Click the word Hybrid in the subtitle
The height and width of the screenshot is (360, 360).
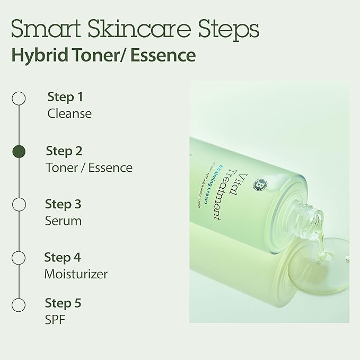pyautogui.click(x=36, y=55)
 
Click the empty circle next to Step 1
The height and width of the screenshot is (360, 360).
pyautogui.click(x=19, y=98)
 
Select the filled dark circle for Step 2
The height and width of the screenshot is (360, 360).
pyautogui.click(x=19, y=152)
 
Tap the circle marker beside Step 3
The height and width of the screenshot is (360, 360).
pyautogui.click(x=19, y=205)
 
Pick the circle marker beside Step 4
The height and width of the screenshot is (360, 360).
pyautogui.click(x=19, y=258)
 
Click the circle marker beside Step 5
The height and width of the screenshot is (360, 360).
pyautogui.click(x=19, y=305)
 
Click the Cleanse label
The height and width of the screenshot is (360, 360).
pyautogui.click(x=69, y=113)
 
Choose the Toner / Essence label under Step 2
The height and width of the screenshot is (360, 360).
pyautogui.click(x=89, y=168)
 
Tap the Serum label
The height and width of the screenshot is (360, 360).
pyautogui.click(x=64, y=221)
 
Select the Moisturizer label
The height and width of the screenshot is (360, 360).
pyautogui.click(x=76, y=274)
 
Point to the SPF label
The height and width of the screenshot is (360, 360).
pyautogui.click(x=56, y=320)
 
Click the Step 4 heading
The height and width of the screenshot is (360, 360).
pyautogui.click(x=63, y=258)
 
